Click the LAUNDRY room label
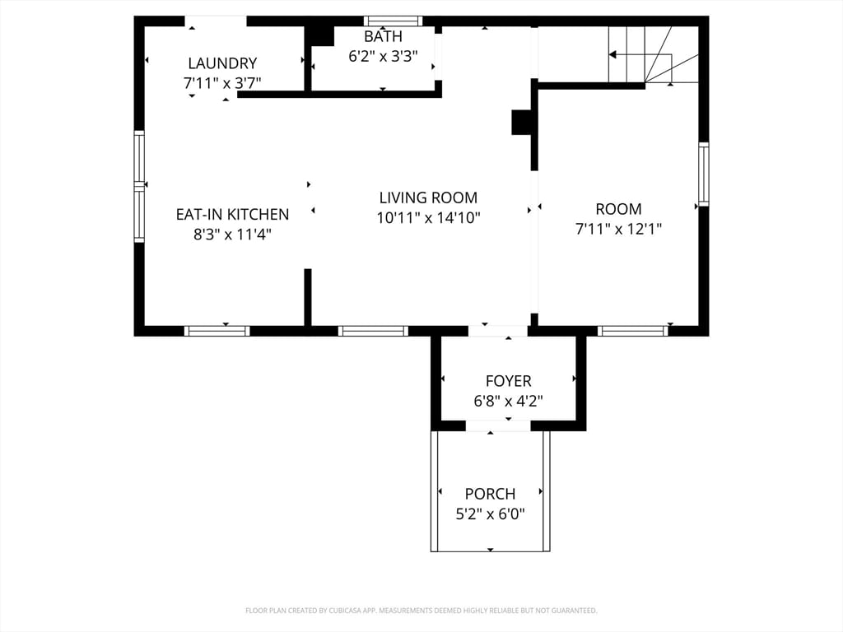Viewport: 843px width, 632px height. click(222, 63)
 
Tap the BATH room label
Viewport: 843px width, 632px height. click(383, 37)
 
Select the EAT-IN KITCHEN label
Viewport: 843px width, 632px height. click(232, 215)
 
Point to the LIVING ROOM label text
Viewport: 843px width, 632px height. click(428, 198)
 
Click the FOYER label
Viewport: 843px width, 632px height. click(508, 382)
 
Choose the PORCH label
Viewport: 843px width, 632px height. click(490, 494)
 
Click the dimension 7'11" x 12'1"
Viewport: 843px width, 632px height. click(618, 229)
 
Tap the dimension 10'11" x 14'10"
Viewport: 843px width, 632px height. click(428, 218)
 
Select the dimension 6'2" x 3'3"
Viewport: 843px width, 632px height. click(383, 57)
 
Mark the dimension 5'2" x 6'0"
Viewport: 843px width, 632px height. click(490, 514)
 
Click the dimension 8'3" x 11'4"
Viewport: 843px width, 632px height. click(232, 235)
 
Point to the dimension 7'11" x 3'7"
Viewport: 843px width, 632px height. click(222, 83)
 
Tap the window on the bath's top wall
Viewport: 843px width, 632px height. click(393, 21)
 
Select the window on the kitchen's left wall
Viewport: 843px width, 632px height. click(139, 186)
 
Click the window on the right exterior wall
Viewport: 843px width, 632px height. click(703, 174)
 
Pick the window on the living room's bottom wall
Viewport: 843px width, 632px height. click(373, 331)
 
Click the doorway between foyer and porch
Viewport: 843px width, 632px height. click(498, 425)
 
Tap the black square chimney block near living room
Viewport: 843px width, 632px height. click(523, 122)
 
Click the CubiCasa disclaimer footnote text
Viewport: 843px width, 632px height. click(421, 611)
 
